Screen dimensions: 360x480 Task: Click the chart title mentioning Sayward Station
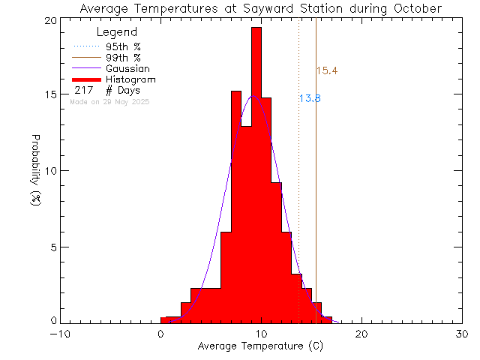[x=260, y=8]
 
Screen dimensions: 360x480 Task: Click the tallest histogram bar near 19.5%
[x=256, y=172]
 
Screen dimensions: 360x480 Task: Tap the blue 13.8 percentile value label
[x=310, y=98]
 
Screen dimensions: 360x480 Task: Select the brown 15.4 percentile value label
[x=326, y=71]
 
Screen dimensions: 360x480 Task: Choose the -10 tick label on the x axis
[x=60, y=334]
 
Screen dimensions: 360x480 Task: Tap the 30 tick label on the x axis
[x=462, y=334]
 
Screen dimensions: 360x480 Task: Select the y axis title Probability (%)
[x=35, y=171]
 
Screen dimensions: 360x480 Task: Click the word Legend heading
[x=117, y=32]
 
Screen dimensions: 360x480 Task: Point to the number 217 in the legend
[x=83, y=90]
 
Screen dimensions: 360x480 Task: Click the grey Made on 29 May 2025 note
[x=109, y=101]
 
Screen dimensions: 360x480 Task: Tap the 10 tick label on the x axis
[x=261, y=334]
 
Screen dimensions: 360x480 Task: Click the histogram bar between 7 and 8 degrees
[x=236, y=210]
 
